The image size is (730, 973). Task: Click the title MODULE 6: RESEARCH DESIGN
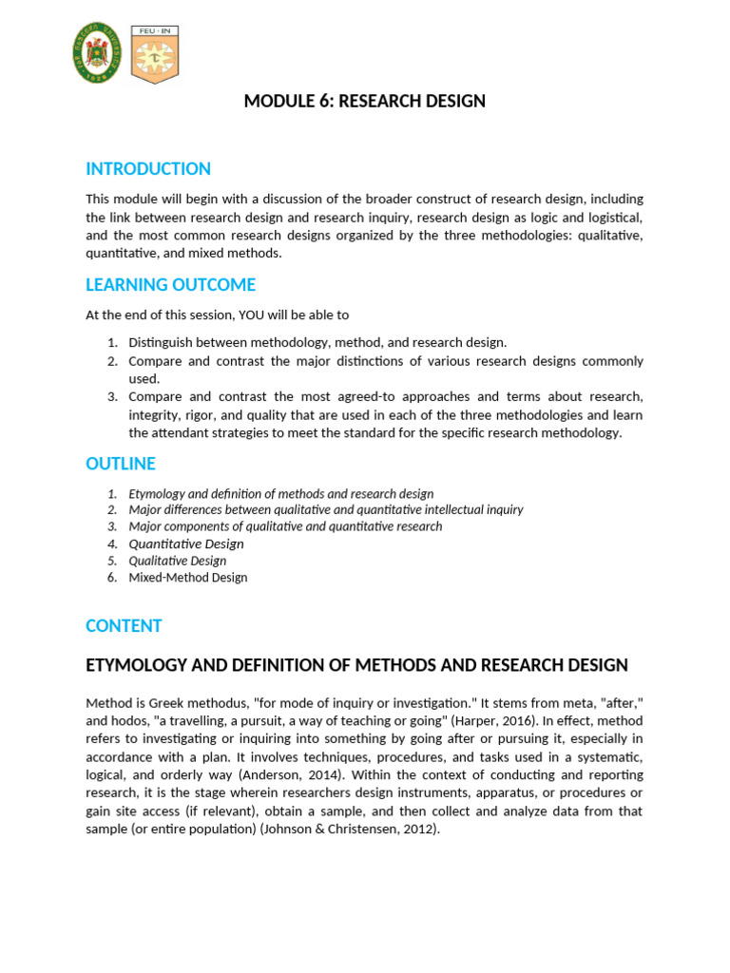(x=365, y=102)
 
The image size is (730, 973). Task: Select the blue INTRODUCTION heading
(x=148, y=169)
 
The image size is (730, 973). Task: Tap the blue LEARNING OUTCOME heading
(x=170, y=285)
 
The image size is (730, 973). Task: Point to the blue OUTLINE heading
(x=121, y=464)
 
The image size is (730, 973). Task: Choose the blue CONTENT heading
(x=124, y=625)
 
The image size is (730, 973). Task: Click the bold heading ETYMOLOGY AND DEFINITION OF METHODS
(x=356, y=665)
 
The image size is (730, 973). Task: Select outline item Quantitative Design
(x=186, y=544)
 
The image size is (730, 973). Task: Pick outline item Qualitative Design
(x=178, y=561)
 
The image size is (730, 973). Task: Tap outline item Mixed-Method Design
(x=188, y=578)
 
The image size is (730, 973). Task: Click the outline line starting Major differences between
(x=326, y=510)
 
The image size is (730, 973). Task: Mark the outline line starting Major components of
(x=285, y=526)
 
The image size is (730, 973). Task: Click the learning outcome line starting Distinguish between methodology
(x=317, y=342)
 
